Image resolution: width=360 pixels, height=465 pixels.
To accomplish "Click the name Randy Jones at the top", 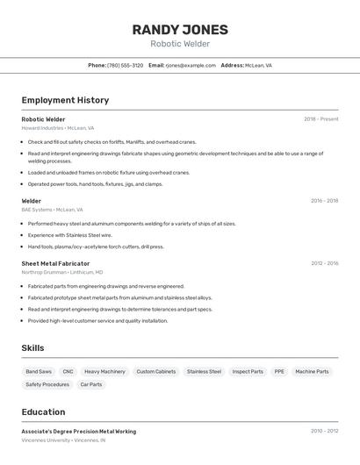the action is point(180,29).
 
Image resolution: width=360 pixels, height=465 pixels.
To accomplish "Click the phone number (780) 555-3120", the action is point(125,65).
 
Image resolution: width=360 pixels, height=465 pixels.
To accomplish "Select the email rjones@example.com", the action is point(191,65).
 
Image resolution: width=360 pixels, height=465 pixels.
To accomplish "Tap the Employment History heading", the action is point(65,100).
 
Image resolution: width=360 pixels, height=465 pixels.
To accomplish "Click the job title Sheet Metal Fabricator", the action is point(55,263).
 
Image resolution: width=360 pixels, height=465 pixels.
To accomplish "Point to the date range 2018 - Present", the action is point(320,119).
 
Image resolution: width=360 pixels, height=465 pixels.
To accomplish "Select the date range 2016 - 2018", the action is point(324,201).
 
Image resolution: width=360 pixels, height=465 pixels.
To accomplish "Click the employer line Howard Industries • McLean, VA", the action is point(58,128).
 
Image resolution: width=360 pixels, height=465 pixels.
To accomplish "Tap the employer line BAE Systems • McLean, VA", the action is point(52,210).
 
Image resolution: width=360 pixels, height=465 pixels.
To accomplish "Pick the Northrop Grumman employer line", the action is point(61,272).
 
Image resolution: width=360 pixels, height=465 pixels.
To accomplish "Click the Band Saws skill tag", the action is point(39,371).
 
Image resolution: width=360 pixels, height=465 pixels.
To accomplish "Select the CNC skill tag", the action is point(68,371).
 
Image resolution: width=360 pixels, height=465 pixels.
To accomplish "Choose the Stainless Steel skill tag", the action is point(204,371).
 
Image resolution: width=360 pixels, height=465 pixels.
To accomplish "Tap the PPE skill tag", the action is point(279,371).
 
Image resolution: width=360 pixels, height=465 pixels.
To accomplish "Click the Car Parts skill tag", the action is point(91,384).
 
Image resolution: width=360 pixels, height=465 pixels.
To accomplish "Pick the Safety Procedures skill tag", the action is point(47,384).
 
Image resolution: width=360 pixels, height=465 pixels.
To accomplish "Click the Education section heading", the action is point(43,411).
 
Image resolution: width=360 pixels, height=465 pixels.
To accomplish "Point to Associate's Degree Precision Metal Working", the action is point(79,431).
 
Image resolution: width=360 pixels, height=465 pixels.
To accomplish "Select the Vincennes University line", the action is point(63,440).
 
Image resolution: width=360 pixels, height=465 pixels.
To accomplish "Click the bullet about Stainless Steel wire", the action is point(70,235).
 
